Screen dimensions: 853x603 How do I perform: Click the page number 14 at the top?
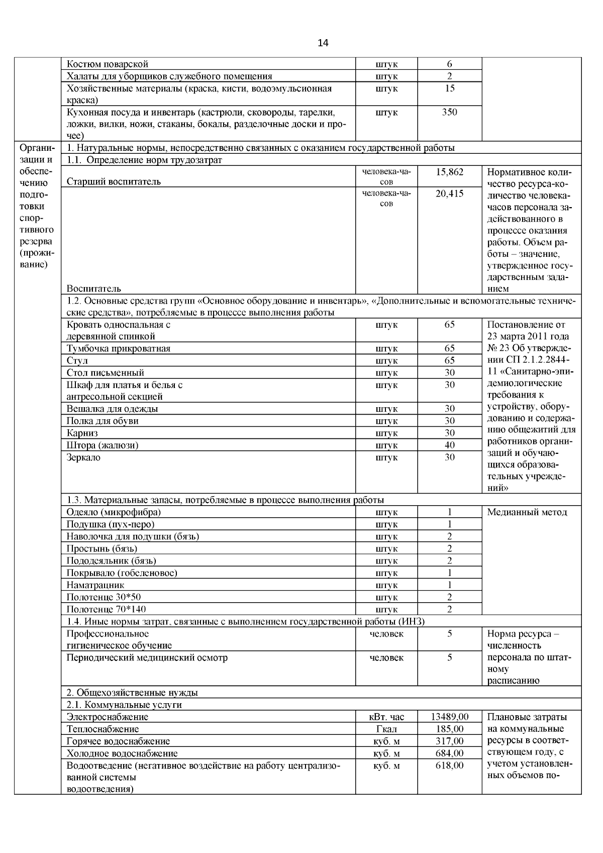pos(323,43)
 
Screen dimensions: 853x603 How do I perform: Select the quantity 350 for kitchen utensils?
pos(449,112)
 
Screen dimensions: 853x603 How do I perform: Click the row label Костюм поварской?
pos(108,64)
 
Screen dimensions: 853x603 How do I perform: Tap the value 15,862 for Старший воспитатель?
pos(449,172)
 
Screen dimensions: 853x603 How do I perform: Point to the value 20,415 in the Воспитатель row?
pos(449,194)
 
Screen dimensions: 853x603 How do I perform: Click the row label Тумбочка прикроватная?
pos(119,348)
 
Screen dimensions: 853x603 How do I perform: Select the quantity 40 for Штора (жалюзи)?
pos(449,445)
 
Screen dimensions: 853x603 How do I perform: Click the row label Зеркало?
pos(83,457)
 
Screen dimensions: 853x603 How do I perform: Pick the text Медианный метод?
pos(527,512)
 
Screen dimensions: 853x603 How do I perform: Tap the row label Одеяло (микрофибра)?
pos(114,512)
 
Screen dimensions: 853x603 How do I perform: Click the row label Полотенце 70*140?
pos(107,609)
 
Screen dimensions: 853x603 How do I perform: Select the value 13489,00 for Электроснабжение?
pos(449,717)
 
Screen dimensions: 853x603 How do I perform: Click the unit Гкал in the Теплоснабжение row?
pos(386,729)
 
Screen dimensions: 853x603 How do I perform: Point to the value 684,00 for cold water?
pos(449,753)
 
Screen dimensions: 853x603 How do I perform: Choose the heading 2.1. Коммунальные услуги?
pos(124,705)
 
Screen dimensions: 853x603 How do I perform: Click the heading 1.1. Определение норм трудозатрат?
pos(144,160)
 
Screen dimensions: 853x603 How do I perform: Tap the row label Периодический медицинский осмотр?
pos(147,657)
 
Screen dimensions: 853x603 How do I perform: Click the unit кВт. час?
pos(386,717)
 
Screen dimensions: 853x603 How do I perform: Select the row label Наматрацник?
pos(95,585)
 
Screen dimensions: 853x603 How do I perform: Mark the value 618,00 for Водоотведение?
pos(449,765)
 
